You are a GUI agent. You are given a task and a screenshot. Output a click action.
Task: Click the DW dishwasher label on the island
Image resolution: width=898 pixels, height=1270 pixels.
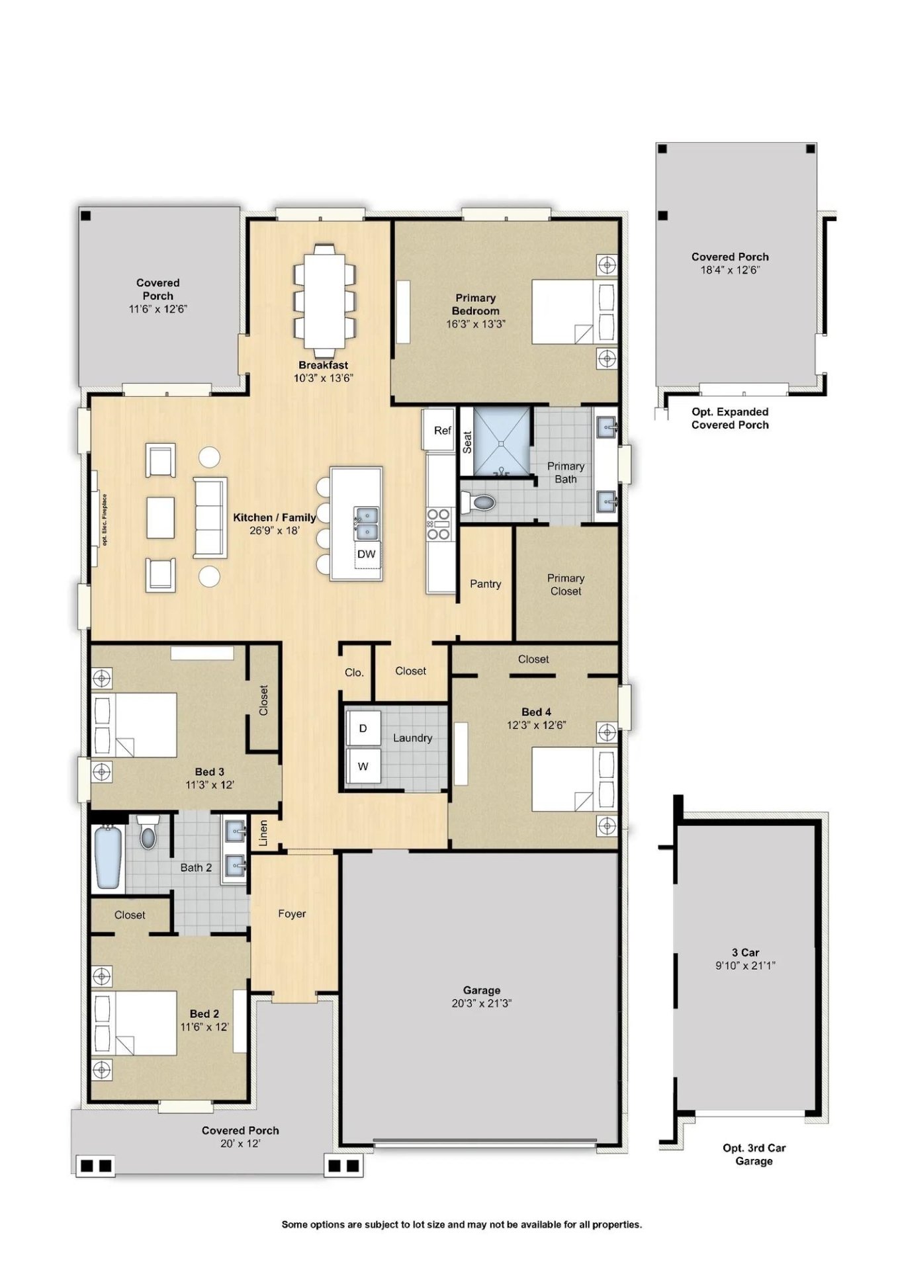click(366, 554)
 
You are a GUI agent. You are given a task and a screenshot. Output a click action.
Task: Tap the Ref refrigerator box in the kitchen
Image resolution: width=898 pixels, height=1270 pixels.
click(439, 429)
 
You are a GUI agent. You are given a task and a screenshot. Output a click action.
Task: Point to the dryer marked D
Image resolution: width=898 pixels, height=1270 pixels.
click(363, 728)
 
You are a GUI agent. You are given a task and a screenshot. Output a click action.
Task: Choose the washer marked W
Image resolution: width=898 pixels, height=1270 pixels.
click(363, 766)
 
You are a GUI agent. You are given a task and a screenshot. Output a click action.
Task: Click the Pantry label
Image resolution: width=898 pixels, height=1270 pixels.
click(485, 584)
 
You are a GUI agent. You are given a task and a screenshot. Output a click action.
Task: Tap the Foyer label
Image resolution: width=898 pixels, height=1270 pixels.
click(292, 913)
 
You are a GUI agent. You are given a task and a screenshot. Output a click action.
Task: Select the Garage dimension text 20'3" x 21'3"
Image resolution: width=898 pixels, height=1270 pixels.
click(482, 1003)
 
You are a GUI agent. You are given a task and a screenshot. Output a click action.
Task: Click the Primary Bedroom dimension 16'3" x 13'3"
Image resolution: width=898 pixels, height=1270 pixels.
click(476, 324)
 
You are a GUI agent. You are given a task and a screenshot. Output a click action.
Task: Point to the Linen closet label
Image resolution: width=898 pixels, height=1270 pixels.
click(263, 833)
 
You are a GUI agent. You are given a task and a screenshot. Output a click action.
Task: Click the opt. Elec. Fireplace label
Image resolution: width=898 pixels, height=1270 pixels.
click(105, 519)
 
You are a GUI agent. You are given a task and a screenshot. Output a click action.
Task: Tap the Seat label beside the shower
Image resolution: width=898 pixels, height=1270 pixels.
click(467, 442)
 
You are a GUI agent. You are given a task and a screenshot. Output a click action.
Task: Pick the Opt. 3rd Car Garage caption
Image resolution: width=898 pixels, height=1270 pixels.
click(754, 1154)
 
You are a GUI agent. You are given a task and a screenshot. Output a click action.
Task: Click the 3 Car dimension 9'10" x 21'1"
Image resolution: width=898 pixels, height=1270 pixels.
click(745, 966)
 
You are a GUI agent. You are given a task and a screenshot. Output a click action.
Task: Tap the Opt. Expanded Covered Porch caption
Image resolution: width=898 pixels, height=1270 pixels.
click(730, 418)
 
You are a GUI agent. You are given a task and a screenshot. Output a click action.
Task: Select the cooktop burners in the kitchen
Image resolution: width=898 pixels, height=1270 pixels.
click(439, 524)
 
